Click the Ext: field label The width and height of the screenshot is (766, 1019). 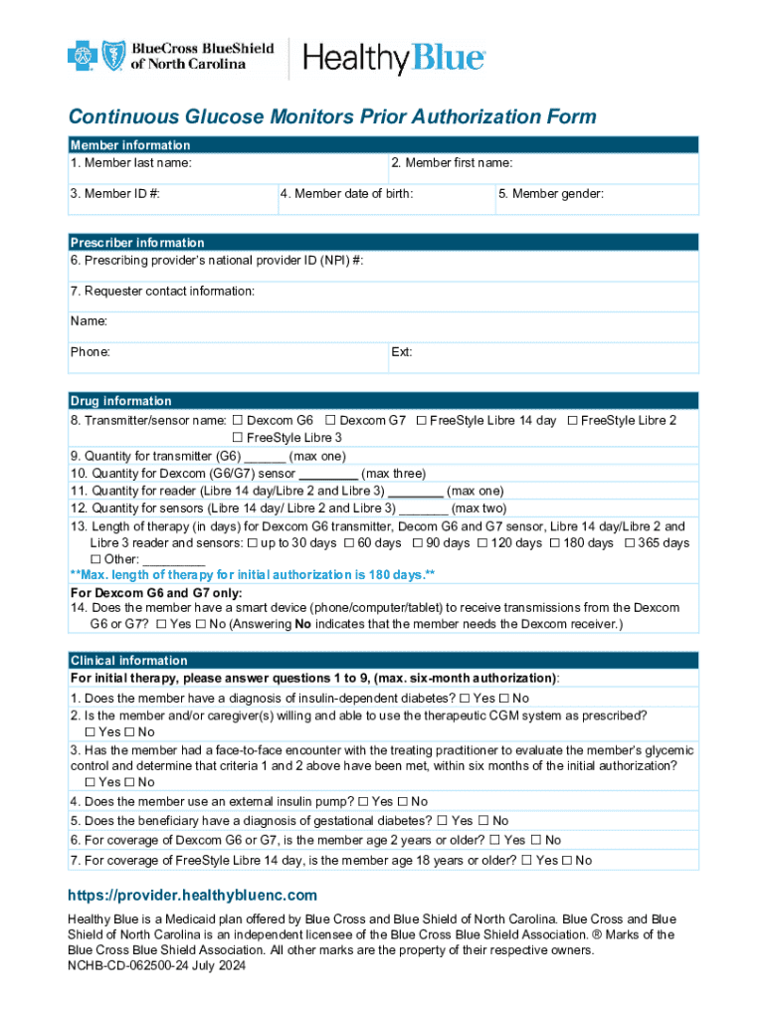click(403, 352)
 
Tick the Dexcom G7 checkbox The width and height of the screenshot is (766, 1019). click(330, 421)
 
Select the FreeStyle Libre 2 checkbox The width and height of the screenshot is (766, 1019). click(572, 421)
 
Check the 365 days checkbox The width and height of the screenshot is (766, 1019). click(630, 543)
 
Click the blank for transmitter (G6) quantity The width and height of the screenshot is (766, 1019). click(265, 458)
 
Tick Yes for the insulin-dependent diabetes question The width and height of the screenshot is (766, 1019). click(464, 699)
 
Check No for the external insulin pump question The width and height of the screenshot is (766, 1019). click(402, 802)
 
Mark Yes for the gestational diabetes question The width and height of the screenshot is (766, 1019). click(441, 821)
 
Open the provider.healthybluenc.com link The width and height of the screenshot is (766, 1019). click(192, 896)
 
